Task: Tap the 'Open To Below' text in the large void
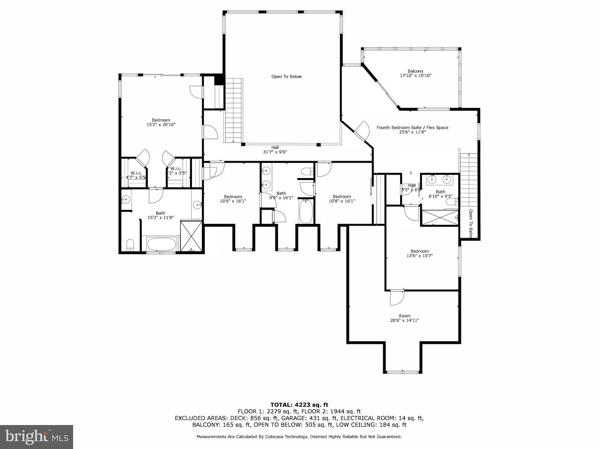point(286,77)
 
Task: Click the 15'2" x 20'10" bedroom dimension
point(161,125)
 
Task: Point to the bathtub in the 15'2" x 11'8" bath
point(161,244)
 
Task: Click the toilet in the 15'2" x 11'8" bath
point(130,245)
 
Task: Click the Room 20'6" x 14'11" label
point(405,318)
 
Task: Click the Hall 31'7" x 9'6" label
point(275,150)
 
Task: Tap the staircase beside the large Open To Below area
point(233,110)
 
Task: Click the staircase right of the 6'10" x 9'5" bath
point(469,180)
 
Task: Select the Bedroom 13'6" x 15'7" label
point(419,253)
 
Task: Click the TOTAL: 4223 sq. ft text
point(299,405)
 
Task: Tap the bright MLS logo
point(36,437)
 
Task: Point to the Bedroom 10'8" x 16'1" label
point(342,198)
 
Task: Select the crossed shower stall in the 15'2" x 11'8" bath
point(191,236)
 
